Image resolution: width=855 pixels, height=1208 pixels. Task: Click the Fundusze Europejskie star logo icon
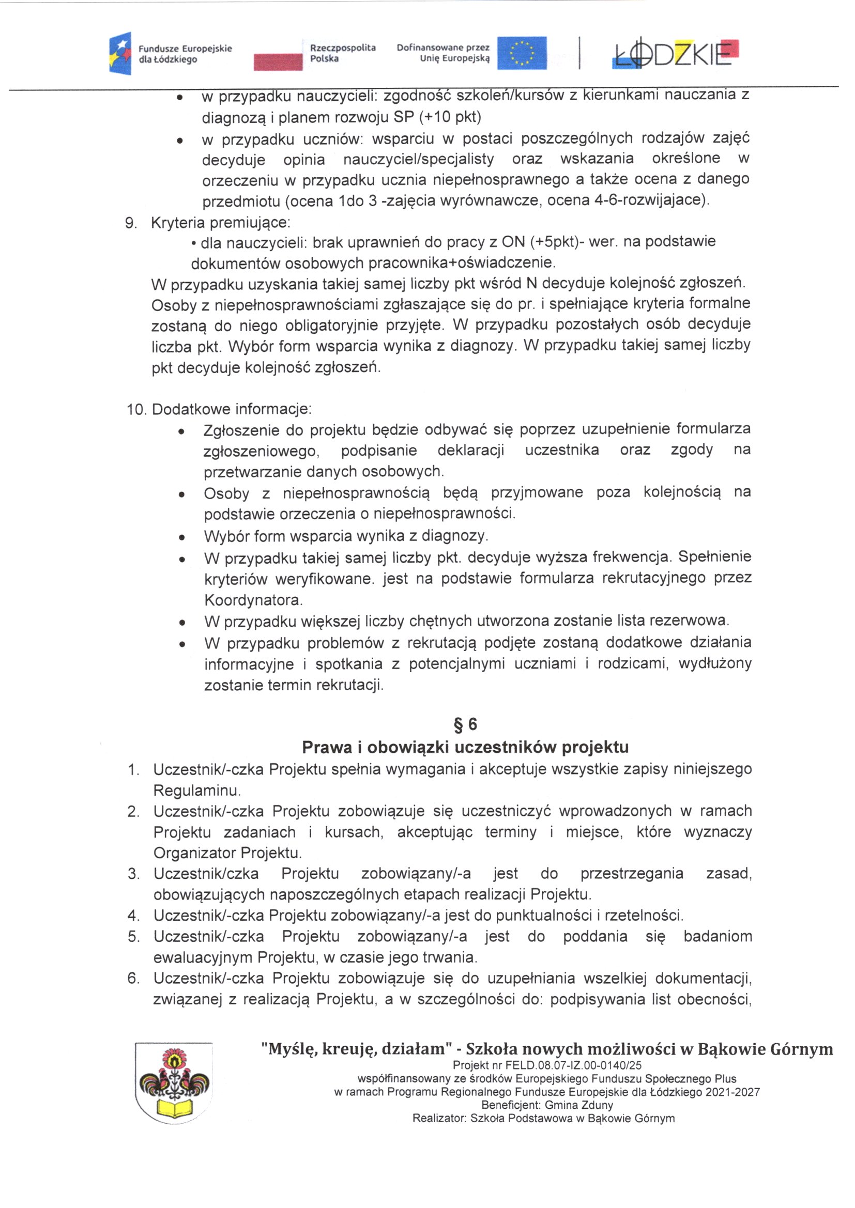click(x=120, y=53)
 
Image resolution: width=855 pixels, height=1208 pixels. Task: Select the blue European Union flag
click(x=522, y=53)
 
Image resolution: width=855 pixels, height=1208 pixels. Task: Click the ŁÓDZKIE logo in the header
click(x=676, y=53)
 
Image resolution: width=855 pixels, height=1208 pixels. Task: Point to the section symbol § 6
click(x=465, y=724)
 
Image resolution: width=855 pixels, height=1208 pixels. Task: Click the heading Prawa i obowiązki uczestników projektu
click(x=465, y=747)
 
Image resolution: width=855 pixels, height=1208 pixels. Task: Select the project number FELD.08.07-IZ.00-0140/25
click(x=573, y=1065)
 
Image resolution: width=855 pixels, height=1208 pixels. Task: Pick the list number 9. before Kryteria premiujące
click(x=131, y=223)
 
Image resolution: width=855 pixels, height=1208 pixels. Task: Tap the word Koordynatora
click(x=253, y=600)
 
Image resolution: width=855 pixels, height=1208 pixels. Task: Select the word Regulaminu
click(x=197, y=790)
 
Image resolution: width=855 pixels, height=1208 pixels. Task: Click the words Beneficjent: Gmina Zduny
click(x=546, y=1105)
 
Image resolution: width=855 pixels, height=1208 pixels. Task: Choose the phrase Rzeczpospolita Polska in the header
click(x=342, y=53)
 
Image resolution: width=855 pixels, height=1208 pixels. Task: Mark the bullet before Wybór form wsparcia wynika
click(x=181, y=537)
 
